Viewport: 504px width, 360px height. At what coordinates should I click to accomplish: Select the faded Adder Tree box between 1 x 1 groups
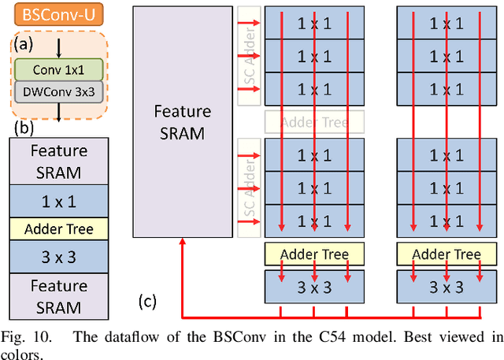click(x=313, y=121)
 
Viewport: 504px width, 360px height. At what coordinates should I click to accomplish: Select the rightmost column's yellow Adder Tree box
click(x=447, y=254)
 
